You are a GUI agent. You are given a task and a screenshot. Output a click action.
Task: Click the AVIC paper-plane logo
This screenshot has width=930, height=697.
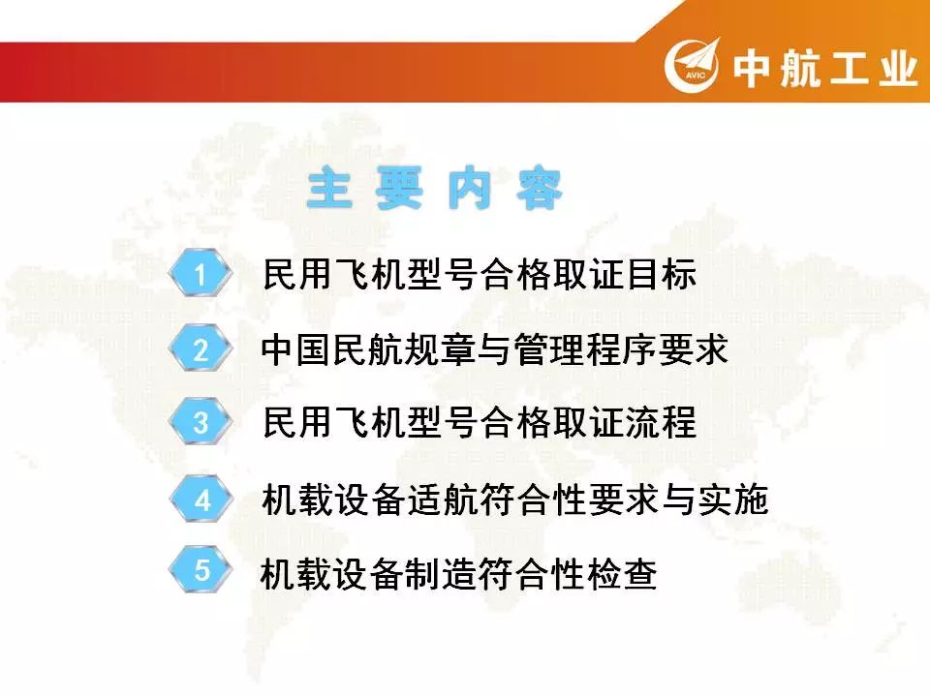tap(692, 65)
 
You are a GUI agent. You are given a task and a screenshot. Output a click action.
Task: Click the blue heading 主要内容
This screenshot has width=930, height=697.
tap(434, 189)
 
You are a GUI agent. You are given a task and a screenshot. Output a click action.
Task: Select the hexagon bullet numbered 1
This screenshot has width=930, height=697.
tap(200, 274)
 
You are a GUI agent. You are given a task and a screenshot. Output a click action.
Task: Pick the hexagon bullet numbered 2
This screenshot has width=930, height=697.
tap(200, 348)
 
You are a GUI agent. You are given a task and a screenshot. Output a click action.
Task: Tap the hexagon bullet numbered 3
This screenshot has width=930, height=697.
tap(200, 423)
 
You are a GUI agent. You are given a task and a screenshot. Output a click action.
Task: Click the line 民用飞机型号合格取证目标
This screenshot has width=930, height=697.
tap(480, 274)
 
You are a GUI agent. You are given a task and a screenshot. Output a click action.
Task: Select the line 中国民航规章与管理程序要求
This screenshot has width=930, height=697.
tap(495, 349)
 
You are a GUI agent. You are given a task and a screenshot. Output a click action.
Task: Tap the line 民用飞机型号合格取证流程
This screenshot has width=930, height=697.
tap(480, 423)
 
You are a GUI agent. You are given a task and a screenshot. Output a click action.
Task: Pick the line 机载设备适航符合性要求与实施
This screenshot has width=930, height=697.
tap(514, 500)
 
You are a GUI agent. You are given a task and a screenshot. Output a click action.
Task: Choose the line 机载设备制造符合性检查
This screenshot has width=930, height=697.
tap(459, 573)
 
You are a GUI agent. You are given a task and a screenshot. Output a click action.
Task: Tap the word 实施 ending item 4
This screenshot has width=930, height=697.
tap(733, 500)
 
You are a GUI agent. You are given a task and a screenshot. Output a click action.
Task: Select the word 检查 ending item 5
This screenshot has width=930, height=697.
tap(622, 573)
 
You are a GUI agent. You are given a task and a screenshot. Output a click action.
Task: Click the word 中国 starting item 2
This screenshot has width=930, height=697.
tap(296, 349)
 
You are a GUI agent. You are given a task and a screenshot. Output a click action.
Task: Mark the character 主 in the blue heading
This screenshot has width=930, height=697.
tap(329, 189)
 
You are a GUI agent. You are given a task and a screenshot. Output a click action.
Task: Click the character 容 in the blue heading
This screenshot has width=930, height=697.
tap(539, 189)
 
